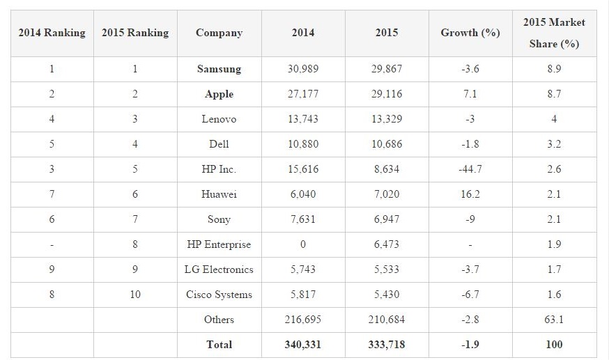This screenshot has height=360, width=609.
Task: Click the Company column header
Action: click(219, 33)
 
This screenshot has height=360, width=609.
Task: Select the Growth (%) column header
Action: click(470, 33)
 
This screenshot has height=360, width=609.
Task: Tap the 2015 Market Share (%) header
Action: click(554, 33)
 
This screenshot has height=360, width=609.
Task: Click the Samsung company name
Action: click(219, 69)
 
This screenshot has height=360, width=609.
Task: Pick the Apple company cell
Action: click(219, 94)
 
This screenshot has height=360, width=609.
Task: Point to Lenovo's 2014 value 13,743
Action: click(303, 119)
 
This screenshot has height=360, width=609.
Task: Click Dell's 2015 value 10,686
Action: click(387, 144)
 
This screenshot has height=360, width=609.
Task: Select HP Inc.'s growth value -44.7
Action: click(470, 169)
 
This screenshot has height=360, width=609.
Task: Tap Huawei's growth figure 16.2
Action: click(470, 194)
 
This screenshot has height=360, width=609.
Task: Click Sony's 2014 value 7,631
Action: click(303, 219)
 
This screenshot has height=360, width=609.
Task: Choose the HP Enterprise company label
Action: click(219, 244)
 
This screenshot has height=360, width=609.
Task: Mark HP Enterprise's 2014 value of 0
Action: click(303, 244)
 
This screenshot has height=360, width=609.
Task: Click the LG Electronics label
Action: click(219, 269)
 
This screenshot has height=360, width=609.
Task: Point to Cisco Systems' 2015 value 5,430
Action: click(387, 295)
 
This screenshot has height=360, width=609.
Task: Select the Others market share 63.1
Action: click(554, 320)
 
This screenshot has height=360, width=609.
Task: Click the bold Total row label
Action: click(219, 345)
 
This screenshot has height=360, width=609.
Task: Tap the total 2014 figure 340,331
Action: click(303, 345)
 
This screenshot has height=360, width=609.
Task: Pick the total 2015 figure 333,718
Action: click(387, 345)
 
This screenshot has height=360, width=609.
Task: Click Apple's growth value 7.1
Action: click(470, 94)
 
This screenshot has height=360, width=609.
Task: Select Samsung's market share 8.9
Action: click(554, 69)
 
